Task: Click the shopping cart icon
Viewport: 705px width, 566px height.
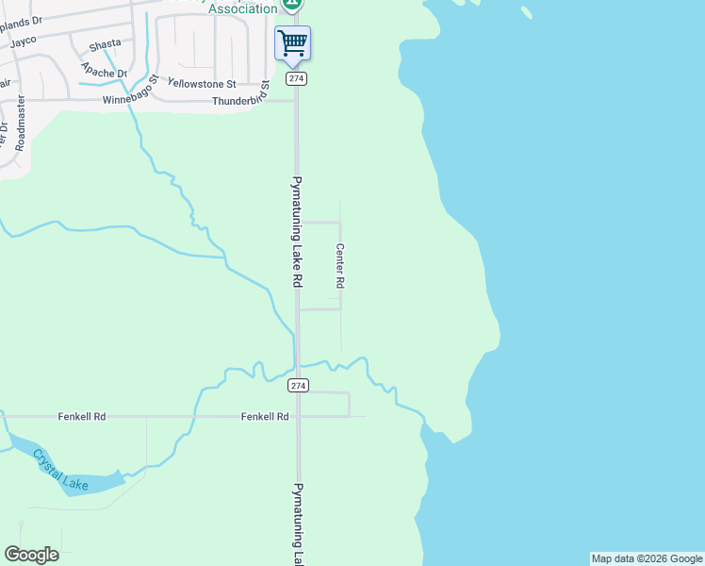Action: point(292,42)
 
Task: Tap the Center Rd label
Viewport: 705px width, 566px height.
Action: point(340,265)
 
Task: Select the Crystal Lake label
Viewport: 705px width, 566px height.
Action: point(60,470)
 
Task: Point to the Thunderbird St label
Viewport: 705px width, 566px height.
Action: point(241,101)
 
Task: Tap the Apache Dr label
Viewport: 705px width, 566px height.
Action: point(104,70)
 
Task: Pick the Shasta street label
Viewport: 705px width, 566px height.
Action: point(105,44)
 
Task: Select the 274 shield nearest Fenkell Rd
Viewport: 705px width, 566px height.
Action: point(298,386)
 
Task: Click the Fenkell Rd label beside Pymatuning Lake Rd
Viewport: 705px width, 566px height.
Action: point(264,415)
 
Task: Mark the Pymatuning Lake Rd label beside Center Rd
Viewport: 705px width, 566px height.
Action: point(296,231)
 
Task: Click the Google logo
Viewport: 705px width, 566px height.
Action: point(31,555)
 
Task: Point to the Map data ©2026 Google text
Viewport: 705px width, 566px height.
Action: point(647,558)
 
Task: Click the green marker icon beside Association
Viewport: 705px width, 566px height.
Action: point(292,5)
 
